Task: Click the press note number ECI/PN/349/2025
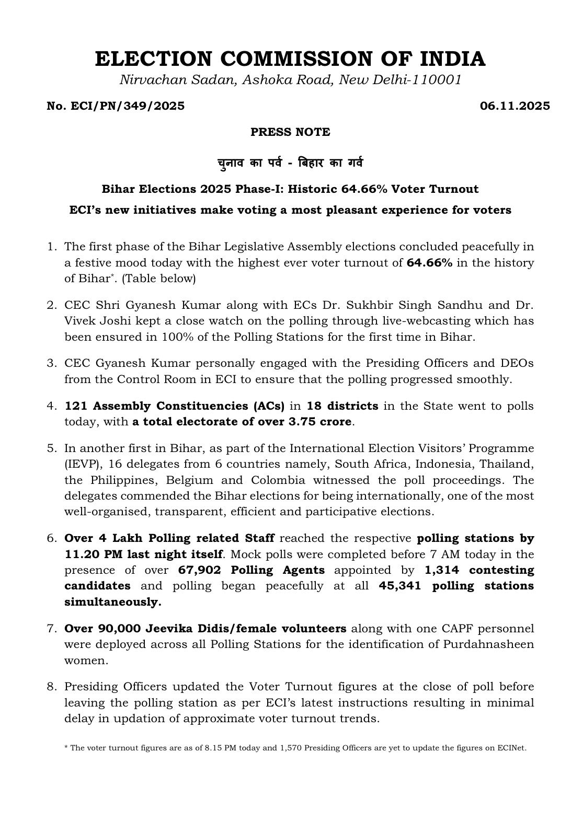(116, 106)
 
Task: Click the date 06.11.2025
(515, 106)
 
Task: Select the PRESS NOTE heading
(290, 132)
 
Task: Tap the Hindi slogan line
(290, 163)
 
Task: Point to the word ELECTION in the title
(143, 59)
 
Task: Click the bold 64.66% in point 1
(429, 263)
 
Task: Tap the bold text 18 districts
(342, 406)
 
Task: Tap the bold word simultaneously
(113, 602)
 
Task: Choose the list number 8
(51, 687)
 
